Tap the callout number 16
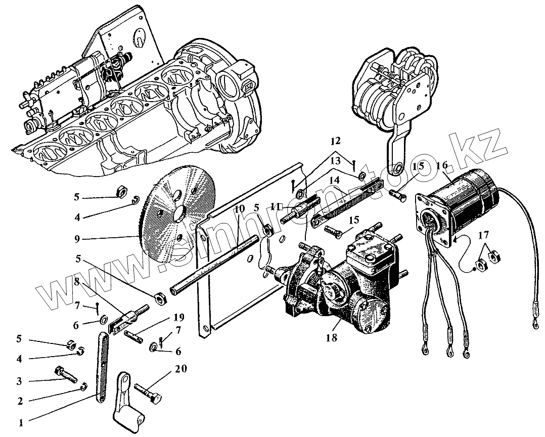[442, 166]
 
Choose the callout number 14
[334, 180]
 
